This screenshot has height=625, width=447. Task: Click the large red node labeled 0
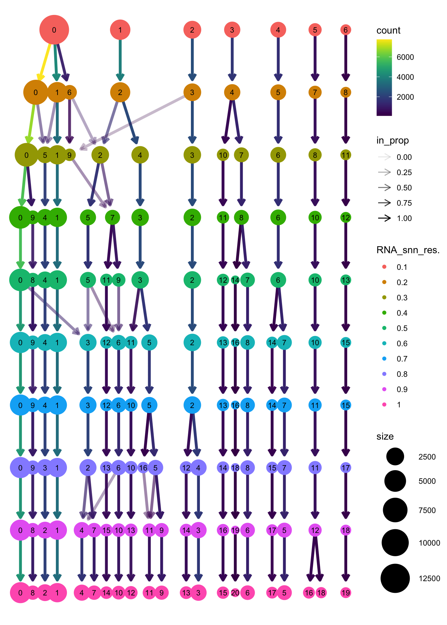54,30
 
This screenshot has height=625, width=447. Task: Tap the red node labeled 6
346,30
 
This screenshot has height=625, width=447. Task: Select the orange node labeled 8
346,92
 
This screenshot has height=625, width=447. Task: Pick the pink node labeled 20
235,593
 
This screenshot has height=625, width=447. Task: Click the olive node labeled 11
346,155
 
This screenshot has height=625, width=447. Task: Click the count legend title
388,31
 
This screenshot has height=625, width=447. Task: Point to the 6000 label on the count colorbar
405,57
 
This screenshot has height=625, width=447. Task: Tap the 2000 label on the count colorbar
405,97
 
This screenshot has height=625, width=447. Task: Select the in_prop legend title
392,141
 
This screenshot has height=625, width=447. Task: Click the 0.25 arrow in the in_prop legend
384,172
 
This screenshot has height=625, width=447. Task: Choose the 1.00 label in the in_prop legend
404,218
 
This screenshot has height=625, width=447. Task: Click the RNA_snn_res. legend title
408,250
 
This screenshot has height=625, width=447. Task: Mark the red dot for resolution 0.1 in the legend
384,267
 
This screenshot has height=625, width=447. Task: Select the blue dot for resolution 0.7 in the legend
384,359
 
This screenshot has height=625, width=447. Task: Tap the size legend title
385,437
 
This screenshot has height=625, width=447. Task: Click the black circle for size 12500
395,578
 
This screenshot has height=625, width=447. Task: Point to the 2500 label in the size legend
427,457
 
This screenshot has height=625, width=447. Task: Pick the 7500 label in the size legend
427,510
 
